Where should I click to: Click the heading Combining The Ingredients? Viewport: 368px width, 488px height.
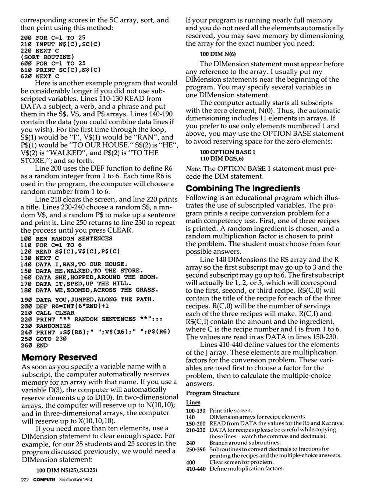[243, 189]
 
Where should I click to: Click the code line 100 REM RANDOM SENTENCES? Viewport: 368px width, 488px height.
[67, 238]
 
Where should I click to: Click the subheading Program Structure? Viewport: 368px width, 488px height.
[213, 393]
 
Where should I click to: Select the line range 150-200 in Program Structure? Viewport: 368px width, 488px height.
[196, 423]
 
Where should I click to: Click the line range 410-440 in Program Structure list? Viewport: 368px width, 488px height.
[196, 469]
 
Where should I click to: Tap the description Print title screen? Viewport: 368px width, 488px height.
[231, 410]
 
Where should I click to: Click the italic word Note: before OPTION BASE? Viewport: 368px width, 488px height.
[193, 168]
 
